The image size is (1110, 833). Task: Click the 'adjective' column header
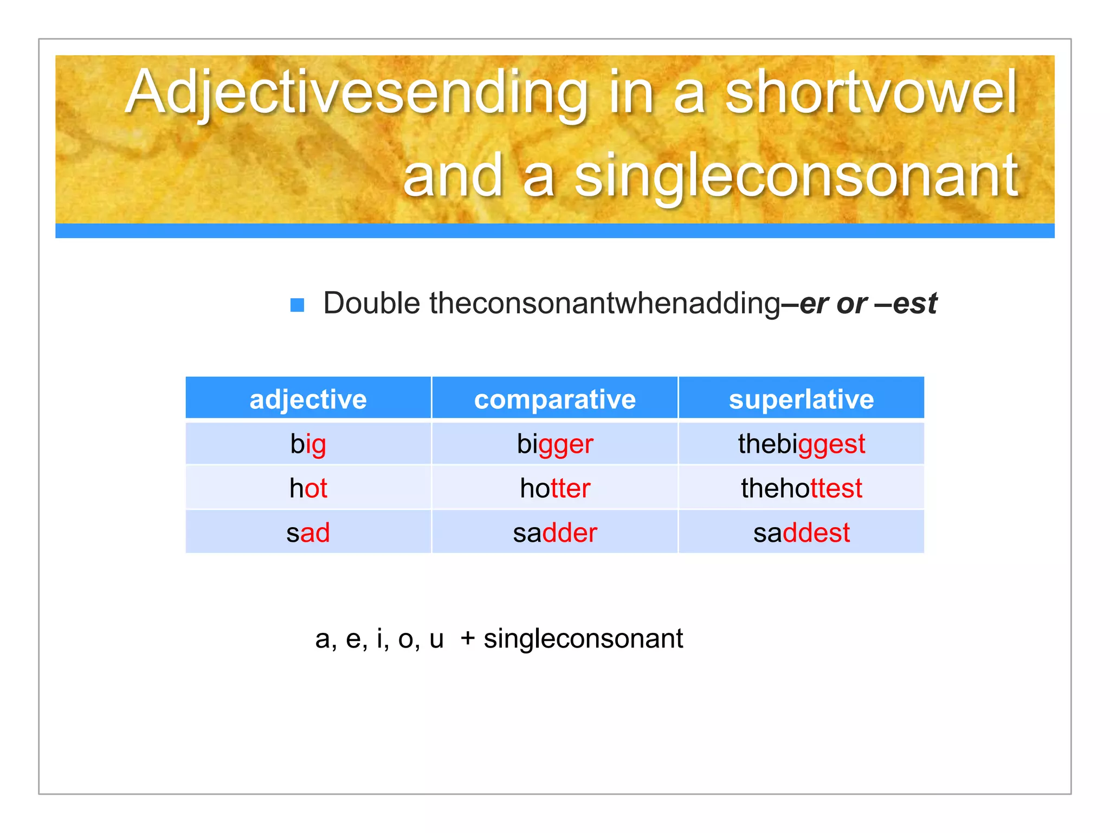[x=308, y=400]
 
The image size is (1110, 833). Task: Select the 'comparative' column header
[x=554, y=400]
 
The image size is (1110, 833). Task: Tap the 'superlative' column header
[x=801, y=400]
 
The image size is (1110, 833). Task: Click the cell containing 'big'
[x=308, y=444]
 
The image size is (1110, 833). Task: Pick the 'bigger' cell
[x=554, y=444]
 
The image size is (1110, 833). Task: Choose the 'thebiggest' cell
[x=801, y=444]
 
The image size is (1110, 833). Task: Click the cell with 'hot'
[x=308, y=488]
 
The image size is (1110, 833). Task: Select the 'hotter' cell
[x=554, y=488]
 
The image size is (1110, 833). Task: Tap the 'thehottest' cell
[x=801, y=488]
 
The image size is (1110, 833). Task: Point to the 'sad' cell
[x=308, y=533]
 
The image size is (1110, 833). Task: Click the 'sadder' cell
[x=554, y=533]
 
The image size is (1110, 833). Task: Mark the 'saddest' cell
[x=801, y=533]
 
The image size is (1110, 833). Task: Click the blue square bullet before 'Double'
[x=297, y=305]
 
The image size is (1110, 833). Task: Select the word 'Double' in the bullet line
[x=371, y=303]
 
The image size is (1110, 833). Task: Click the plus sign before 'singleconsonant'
[x=467, y=639]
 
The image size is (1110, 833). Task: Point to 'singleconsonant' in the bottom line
[x=583, y=639]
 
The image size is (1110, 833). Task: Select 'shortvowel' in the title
[x=870, y=92]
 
